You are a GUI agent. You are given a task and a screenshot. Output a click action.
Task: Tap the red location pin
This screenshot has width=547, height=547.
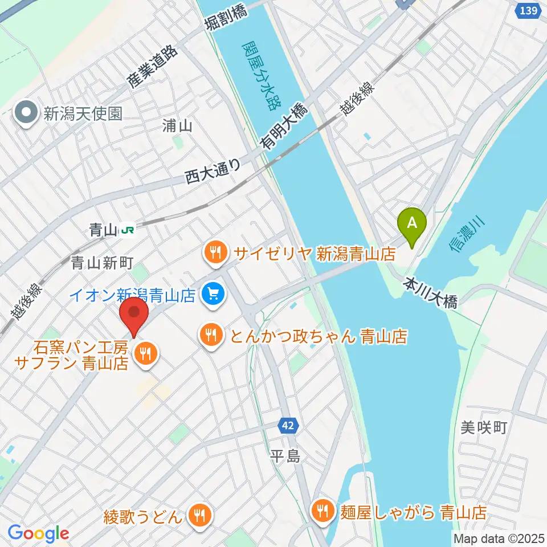point(134,314)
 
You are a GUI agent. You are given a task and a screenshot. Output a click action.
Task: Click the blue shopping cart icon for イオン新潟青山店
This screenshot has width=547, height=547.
point(214,295)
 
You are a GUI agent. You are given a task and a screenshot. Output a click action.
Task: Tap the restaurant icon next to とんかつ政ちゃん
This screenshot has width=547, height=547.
point(211,335)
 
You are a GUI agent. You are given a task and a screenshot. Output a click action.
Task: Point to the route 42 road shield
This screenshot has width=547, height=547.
point(287,424)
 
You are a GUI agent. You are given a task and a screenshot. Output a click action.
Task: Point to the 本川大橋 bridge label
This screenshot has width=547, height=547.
point(431,292)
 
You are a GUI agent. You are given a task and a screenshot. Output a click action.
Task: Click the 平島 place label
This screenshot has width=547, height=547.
point(284,456)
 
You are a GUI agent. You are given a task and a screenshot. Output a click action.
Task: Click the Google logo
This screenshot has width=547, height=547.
point(38,533)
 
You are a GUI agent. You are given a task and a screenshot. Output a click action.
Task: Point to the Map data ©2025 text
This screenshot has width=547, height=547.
point(497,537)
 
